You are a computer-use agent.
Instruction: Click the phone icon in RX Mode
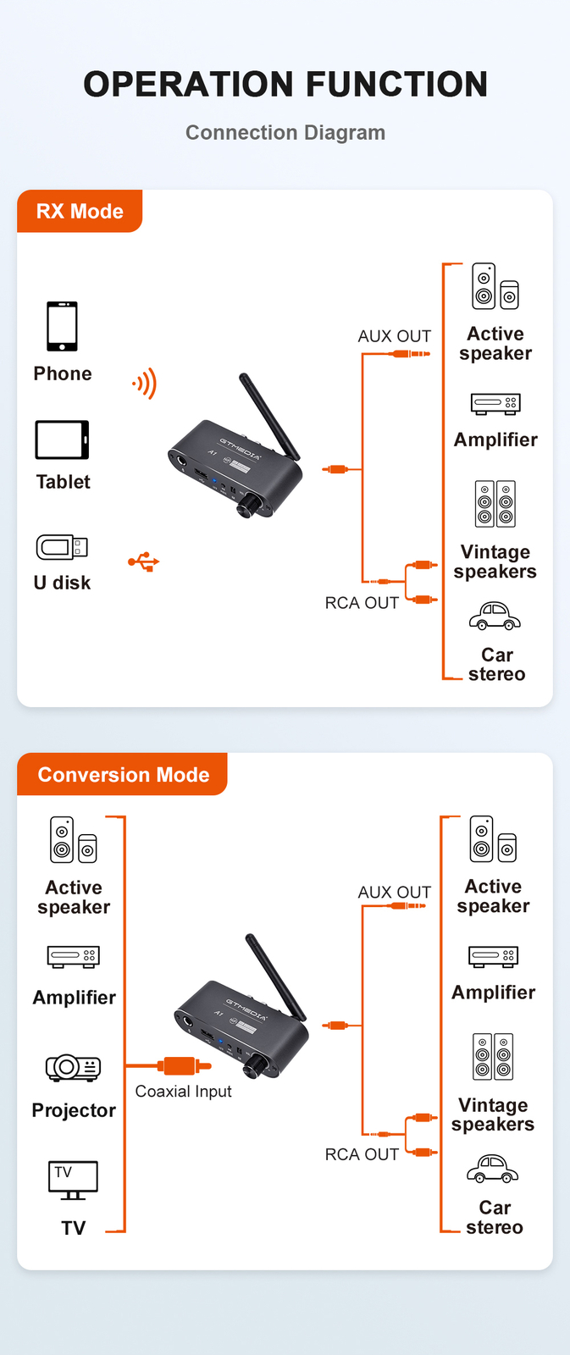click(62, 326)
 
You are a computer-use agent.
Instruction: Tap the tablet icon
click(62, 440)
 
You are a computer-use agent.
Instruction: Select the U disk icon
click(62, 547)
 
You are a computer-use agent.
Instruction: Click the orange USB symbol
click(144, 561)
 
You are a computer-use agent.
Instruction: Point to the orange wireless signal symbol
click(145, 384)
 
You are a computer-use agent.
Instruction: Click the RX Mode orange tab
click(80, 211)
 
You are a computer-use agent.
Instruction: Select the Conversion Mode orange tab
click(123, 774)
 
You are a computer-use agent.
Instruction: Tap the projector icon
click(74, 1067)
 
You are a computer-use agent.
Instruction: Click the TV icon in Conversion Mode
click(73, 1180)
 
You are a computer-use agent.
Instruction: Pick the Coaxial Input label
click(183, 1092)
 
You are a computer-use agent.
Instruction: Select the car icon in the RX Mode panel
click(495, 616)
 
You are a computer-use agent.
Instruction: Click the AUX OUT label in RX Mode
click(394, 336)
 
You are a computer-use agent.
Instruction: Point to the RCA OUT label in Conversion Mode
click(362, 1154)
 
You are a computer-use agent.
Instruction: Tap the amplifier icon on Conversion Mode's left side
click(74, 956)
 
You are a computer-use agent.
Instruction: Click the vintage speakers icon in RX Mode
click(495, 504)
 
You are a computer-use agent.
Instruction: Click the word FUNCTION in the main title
click(396, 84)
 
